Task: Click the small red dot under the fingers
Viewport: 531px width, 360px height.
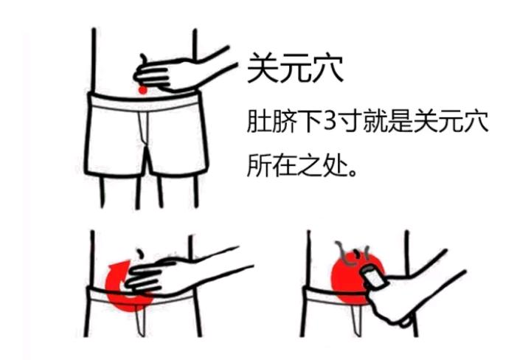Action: pyautogui.click(x=142, y=90)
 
